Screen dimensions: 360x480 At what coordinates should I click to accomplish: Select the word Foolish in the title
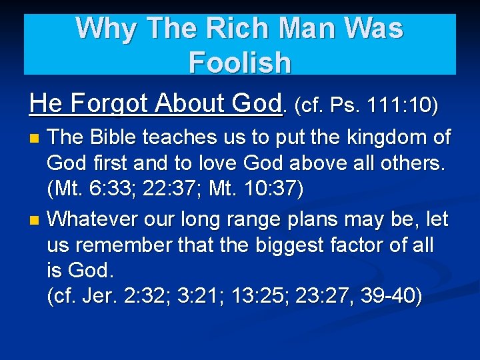click(240, 63)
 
